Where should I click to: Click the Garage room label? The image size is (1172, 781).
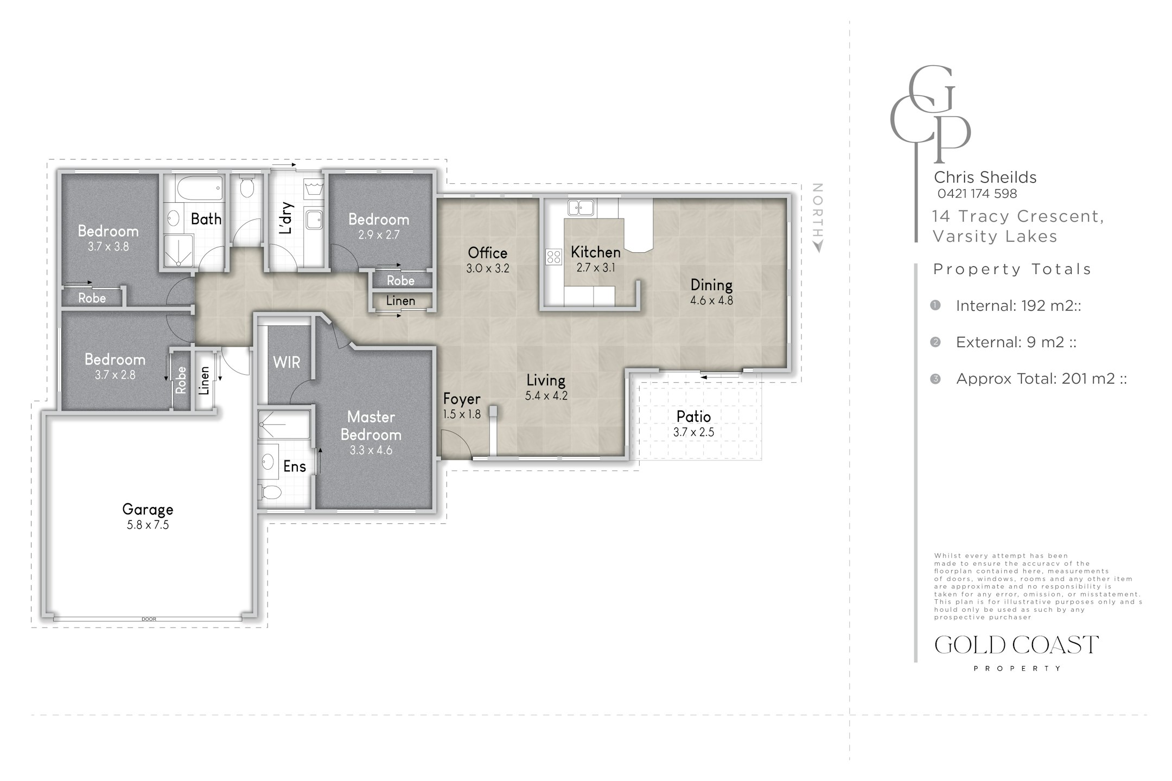(x=148, y=509)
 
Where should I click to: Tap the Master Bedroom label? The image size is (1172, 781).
(x=371, y=426)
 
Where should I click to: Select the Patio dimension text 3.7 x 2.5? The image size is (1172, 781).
(x=693, y=432)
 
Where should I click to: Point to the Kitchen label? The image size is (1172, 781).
(x=596, y=252)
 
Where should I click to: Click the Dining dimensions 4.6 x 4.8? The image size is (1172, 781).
(x=711, y=300)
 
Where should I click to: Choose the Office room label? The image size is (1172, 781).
(x=487, y=253)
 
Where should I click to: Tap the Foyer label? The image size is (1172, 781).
(x=462, y=399)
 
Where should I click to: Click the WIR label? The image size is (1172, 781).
(x=286, y=362)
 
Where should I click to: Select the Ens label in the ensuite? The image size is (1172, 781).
(x=295, y=466)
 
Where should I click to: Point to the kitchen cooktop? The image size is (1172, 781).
(x=554, y=257)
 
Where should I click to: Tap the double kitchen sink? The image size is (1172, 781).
(x=581, y=207)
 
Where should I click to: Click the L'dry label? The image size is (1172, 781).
(x=287, y=218)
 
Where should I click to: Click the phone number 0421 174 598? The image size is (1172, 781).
(x=977, y=194)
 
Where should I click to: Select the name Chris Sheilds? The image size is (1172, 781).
(x=985, y=177)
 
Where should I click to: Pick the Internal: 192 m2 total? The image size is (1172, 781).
(x=1018, y=306)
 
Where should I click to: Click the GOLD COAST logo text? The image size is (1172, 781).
(x=1017, y=645)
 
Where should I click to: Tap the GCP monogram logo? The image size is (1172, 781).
(x=930, y=114)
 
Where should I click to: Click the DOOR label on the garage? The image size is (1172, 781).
(x=148, y=619)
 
